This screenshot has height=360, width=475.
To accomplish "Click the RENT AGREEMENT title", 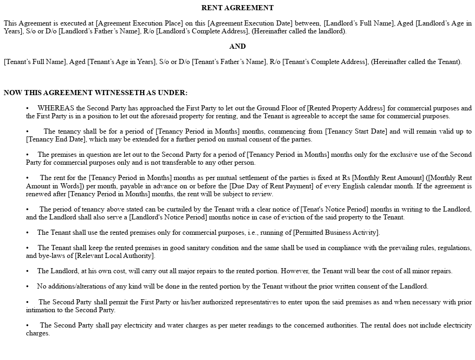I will pos(237,8).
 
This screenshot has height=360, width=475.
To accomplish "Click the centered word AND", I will pos(237,46).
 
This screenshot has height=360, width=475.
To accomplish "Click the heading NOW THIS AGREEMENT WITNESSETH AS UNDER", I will pos(96,93).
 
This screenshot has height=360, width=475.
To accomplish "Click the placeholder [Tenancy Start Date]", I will pos(356,131).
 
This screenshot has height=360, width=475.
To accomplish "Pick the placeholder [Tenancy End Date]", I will pos(56,139).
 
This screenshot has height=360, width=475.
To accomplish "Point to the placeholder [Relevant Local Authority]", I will pos(115,256).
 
